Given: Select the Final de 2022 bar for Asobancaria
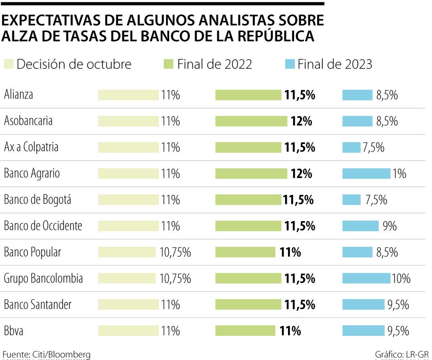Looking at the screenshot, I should [251, 121].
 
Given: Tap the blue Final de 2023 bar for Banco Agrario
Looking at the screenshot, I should [366, 174].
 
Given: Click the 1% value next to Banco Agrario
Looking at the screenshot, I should [399, 174].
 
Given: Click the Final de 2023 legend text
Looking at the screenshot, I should [335, 64].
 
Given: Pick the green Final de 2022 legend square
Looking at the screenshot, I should [169, 64].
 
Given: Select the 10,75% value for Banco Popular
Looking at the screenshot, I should [175, 252].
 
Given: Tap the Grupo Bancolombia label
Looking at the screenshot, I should [43, 278].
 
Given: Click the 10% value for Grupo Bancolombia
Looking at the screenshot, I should [401, 278].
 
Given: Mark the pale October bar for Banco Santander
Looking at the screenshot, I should [128, 305].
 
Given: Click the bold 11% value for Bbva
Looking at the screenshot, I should [290, 331].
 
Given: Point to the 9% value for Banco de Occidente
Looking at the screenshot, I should [390, 226].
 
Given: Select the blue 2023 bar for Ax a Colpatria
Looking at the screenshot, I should [351, 148].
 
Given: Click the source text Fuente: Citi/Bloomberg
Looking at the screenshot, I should [46, 354].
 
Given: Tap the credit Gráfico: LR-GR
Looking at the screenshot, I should [401, 354].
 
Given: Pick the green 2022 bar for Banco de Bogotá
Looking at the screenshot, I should [248, 200].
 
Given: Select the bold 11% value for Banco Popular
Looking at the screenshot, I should [290, 252].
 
